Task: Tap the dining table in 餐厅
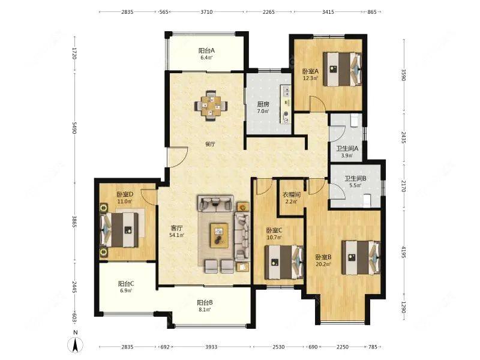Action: (211, 106)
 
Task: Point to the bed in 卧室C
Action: (284, 262)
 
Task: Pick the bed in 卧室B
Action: (361, 257)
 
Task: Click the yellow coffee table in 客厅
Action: (219, 235)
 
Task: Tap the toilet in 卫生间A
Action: (355, 121)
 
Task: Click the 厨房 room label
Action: (263, 104)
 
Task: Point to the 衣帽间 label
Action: (291, 194)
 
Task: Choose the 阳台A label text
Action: (206, 50)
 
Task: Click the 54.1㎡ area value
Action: (176, 235)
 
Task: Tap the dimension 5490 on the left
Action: (74, 128)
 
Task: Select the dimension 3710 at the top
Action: (206, 12)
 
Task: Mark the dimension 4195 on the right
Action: (403, 252)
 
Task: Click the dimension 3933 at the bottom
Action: (211, 347)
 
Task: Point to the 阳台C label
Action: (126, 284)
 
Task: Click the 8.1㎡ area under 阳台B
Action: (205, 309)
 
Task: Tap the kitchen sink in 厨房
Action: (287, 91)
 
